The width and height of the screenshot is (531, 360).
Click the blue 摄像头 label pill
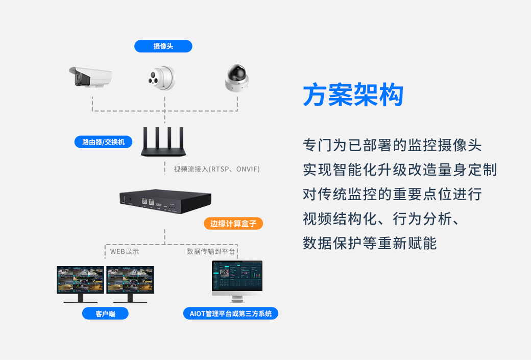163,46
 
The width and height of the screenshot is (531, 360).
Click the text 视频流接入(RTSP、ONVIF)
216,169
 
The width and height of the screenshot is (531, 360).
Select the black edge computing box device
165,202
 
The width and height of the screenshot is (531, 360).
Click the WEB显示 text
125,251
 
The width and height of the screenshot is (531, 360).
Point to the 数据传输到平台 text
211,251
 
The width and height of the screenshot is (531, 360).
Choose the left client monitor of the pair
80,283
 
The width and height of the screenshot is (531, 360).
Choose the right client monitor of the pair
130,283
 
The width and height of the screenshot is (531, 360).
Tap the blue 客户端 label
105,314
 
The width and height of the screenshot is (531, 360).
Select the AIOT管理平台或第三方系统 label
230,314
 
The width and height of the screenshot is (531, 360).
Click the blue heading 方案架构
353,95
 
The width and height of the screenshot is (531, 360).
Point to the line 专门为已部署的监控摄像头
392,146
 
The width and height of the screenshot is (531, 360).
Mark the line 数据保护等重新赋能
370,244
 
